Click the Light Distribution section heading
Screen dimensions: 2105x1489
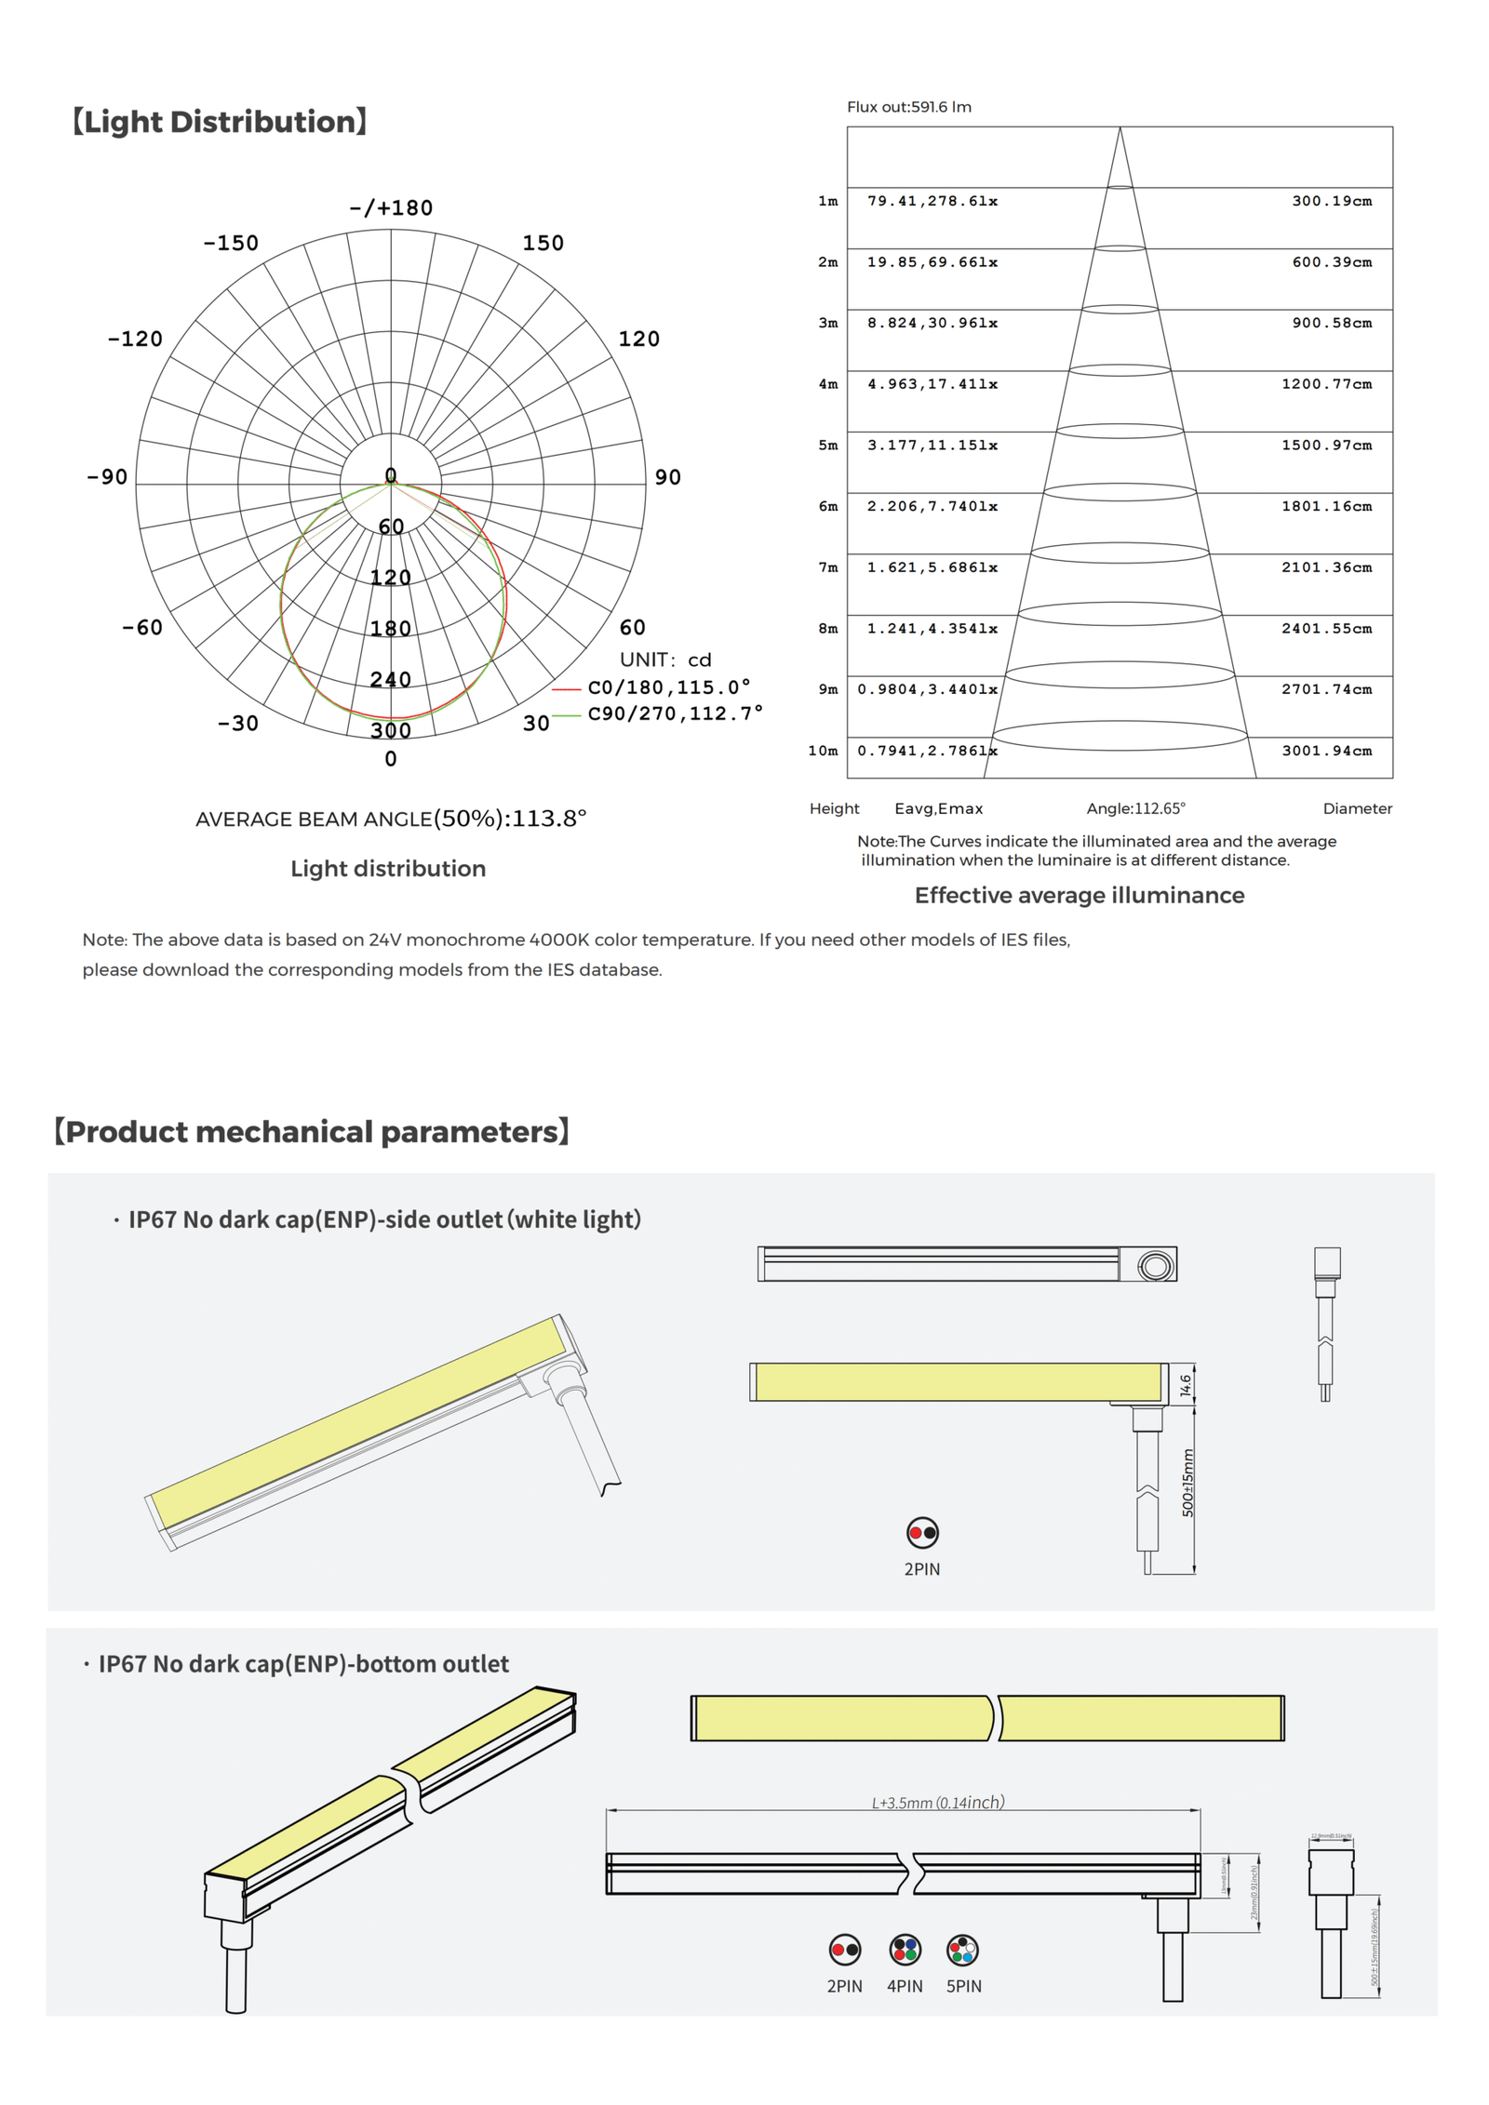tap(220, 122)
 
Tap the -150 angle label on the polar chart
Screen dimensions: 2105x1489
tap(231, 243)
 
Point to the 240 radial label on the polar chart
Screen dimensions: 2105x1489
tap(390, 679)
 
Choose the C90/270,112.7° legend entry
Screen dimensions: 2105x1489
tap(675, 713)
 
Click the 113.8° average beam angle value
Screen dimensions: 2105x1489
tap(549, 819)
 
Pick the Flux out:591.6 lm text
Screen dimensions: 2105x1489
tap(908, 107)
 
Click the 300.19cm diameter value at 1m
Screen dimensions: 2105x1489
tap(1331, 201)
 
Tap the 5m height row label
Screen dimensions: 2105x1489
tap(827, 446)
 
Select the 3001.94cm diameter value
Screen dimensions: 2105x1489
tap(1326, 751)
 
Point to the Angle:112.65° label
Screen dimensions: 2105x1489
tap(1135, 808)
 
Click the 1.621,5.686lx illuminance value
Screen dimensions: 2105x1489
tap(932, 567)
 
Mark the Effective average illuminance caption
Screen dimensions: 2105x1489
tap(1079, 895)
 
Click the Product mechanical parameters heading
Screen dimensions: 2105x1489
tap(312, 1131)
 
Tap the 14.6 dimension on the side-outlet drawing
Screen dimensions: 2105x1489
tap(1185, 1385)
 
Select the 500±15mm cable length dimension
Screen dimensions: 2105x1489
tap(1187, 1483)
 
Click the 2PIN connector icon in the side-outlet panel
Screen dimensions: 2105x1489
tap(921, 1532)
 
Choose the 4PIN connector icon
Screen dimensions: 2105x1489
tap(904, 1949)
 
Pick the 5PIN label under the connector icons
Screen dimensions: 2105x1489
tap(963, 1986)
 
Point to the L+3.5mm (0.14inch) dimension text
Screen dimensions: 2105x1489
tap(937, 1803)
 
